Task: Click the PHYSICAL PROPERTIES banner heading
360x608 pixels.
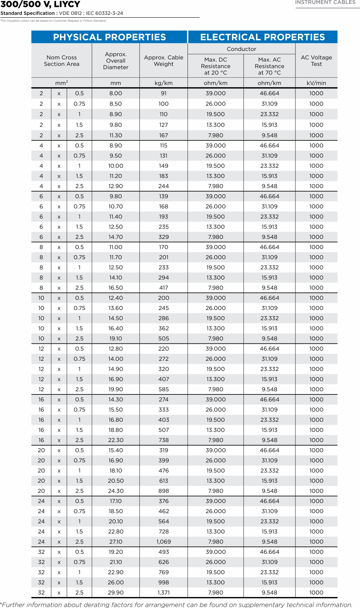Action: tap(109, 37)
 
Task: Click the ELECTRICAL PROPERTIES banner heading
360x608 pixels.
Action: tap(262, 37)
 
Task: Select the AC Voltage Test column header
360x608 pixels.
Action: tap(316, 61)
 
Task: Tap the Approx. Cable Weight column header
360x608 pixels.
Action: tap(163, 61)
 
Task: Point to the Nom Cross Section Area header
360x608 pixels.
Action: tap(62, 61)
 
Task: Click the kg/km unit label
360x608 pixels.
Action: tap(163, 83)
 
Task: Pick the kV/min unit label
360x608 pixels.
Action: tap(316, 83)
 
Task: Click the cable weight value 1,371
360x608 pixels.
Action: tap(163, 593)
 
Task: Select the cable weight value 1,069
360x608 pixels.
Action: tap(163, 542)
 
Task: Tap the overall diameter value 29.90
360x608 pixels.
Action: tap(116, 593)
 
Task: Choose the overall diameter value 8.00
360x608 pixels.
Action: tap(116, 93)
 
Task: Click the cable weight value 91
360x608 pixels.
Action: tap(163, 93)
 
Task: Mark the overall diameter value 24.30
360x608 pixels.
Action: tap(116, 491)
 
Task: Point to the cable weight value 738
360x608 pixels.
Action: tap(163, 440)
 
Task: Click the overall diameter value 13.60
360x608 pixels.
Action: tap(116, 308)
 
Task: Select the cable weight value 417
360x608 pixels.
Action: tap(163, 288)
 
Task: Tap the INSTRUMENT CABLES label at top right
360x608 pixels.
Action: tap(325, 2)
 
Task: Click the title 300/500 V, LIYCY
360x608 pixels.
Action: tap(40, 4)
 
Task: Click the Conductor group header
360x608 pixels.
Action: tap(241, 49)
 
